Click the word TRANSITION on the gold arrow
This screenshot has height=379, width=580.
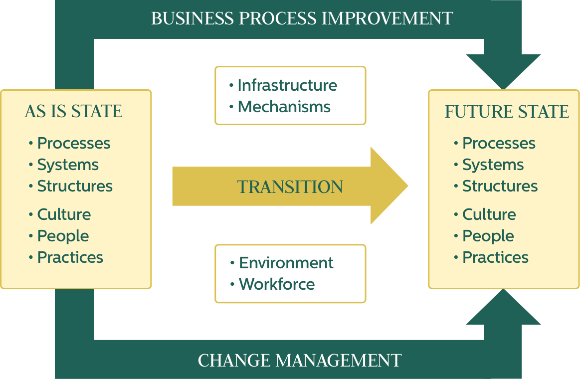[x=290, y=187]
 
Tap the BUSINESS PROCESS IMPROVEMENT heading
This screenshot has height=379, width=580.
[x=302, y=18]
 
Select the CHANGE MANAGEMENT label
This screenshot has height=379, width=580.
[x=300, y=360]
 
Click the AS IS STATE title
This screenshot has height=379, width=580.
[x=73, y=111]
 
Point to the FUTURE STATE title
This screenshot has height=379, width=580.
[x=507, y=111]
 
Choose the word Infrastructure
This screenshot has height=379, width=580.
[x=287, y=85]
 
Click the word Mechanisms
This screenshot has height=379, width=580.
[x=284, y=107]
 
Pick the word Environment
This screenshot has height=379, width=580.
[x=286, y=263]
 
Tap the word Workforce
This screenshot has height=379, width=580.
[x=277, y=284]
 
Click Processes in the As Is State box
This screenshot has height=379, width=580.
[x=74, y=143]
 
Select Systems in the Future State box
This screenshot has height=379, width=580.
[x=493, y=165]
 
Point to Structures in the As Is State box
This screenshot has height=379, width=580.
[x=75, y=186]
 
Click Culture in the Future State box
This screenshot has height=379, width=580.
[x=489, y=214]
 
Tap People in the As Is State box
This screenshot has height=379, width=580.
[x=63, y=236]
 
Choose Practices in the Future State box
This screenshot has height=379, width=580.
[x=495, y=257]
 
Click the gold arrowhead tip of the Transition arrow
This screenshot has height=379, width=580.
[x=408, y=186]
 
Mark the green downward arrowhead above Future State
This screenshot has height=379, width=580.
[x=503, y=72]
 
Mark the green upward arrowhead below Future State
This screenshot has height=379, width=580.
[x=503, y=307]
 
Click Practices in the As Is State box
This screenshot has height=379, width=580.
[x=70, y=257]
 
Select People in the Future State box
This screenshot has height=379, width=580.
[x=488, y=236]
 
